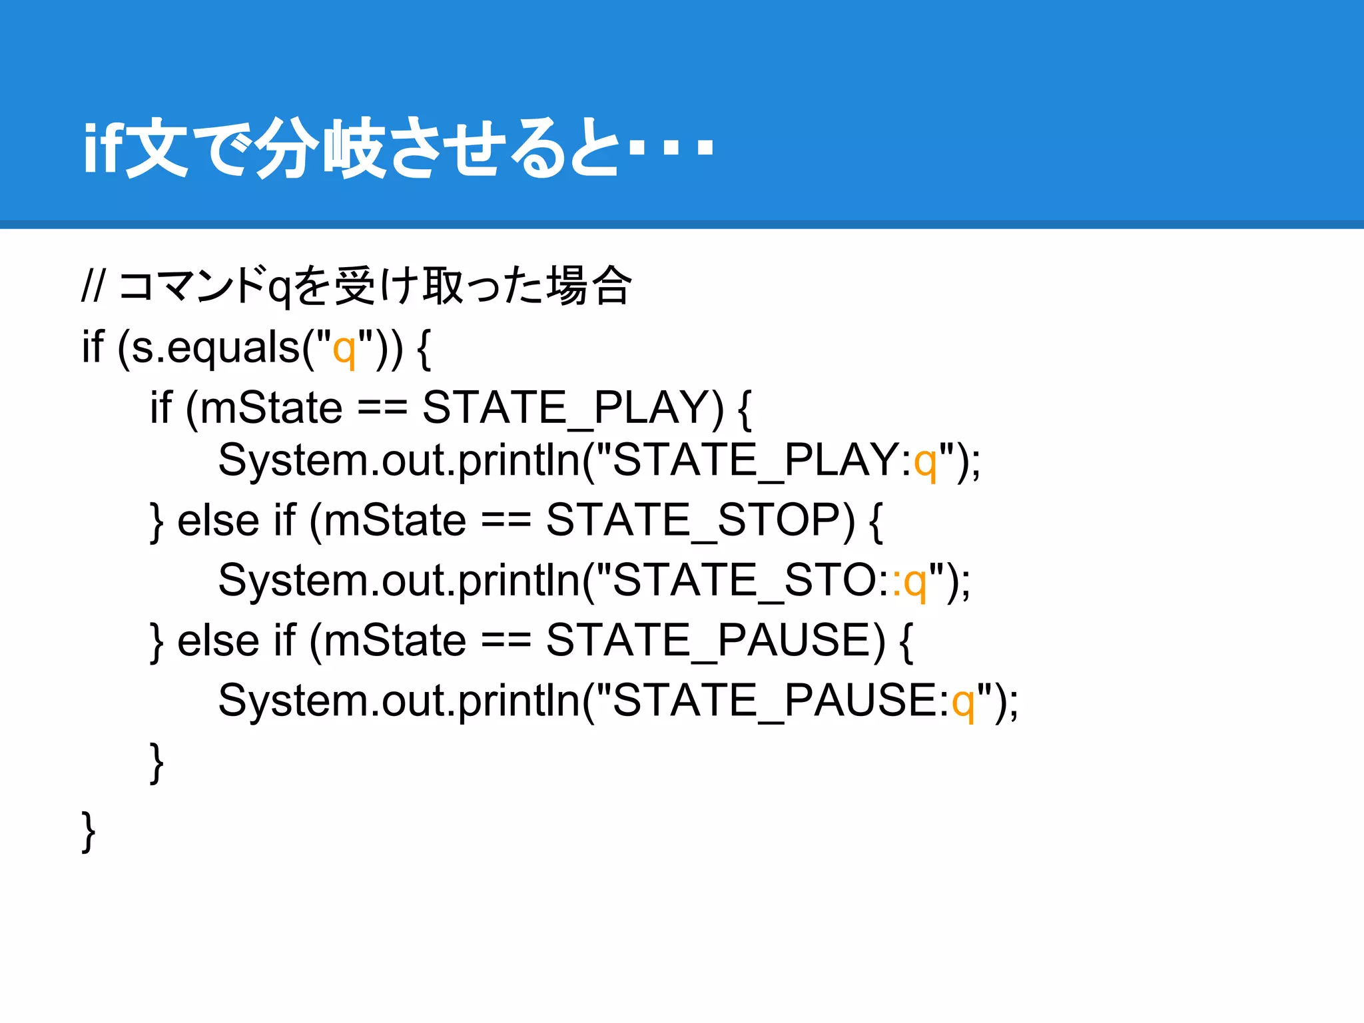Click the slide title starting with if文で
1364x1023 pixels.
pyautogui.click(x=398, y=148)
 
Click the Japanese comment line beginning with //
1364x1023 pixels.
pyautogui.click(x=356, y=286)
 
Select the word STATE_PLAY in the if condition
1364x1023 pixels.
pyautogui.click(x=572, y=408)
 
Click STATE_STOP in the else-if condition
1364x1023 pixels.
pyautogui.click(x=699, y=520)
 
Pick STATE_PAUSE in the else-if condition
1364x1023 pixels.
pyautogui.click(x=715, y=641)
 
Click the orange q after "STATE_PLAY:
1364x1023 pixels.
pyautogui.click(x=926, y=462)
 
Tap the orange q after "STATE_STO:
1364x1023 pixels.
pyautogui.click(x=916, y=581)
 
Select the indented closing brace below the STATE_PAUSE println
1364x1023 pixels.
pyautogui.click(x=157, y=763)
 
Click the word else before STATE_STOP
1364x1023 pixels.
pyautogui.click(x=218, y=520)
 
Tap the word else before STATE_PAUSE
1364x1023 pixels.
pyautogui.click(x=218, y=641)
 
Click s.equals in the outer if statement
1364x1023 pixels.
pyautogui.click(x=216, y=348)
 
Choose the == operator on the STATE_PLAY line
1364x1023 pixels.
pyautogui.click(x=382, y=408)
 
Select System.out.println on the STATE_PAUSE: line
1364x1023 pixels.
pyautogui.click(x=399, y=701)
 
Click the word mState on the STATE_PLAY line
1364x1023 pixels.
pyautogui.click(x=271, y=408)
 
